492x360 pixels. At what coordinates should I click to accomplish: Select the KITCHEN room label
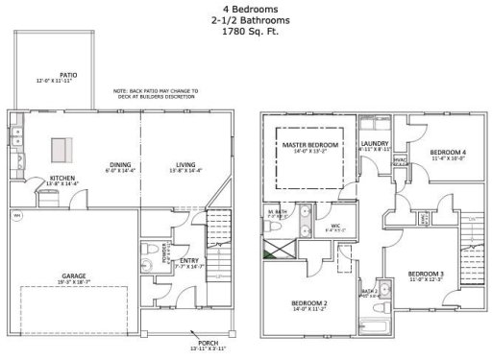click(x=37, y=179)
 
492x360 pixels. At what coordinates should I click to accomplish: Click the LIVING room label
click(x=173, y=163)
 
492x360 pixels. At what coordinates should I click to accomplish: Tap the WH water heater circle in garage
click(x=15, y=215)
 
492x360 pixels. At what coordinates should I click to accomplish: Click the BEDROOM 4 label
click(x=447, y=153)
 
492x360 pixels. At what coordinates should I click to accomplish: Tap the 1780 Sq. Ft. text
click(x=244, y=33)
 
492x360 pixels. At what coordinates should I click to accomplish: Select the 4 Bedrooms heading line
click(x=244, y=10)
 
